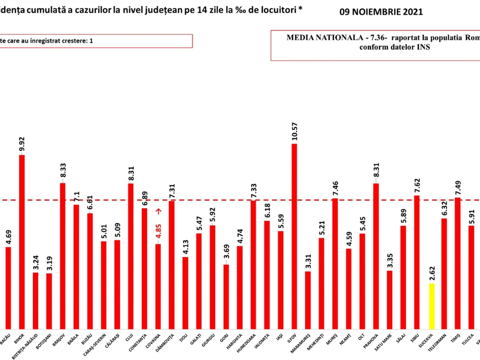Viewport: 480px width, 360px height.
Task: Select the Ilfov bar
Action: (x=294, y=236)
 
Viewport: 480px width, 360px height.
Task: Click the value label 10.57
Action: (x=294, y=132)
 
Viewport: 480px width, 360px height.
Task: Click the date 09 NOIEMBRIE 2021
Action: (x=381, y=12)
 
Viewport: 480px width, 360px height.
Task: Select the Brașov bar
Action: (x=63, y=256)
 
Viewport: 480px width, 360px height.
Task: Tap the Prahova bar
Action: (x=376, y=256)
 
